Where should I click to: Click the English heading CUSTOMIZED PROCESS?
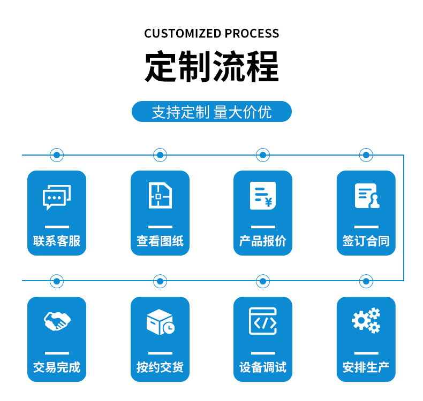(x=211, y=33)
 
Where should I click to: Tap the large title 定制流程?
(x=211, y=67)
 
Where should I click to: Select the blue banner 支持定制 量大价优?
(x=211, y=112)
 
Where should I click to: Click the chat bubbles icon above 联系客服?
(x=57, y=197)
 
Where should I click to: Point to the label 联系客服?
(x=57, y=241)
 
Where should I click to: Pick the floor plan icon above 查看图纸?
(x=160, y=196)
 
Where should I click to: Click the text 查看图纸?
(x=160, y=241)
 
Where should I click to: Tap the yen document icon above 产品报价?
(x=263, y=196)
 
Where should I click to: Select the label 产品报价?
(x=263, y=241)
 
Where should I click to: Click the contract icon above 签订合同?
(x=366, y=196)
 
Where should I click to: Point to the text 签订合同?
(x=366, y=241)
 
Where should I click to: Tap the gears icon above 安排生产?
(x=366, y=321)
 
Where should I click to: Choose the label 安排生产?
(x=366, y=367)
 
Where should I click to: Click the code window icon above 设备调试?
(x=263, y=321)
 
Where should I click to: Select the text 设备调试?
(x=263, y=367)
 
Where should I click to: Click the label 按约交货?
(x=160, y=367)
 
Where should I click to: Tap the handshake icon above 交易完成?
(x=57, y=321)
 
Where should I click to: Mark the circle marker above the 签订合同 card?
(x=366, y=155)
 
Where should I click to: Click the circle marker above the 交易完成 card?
(x=57, y=281)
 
